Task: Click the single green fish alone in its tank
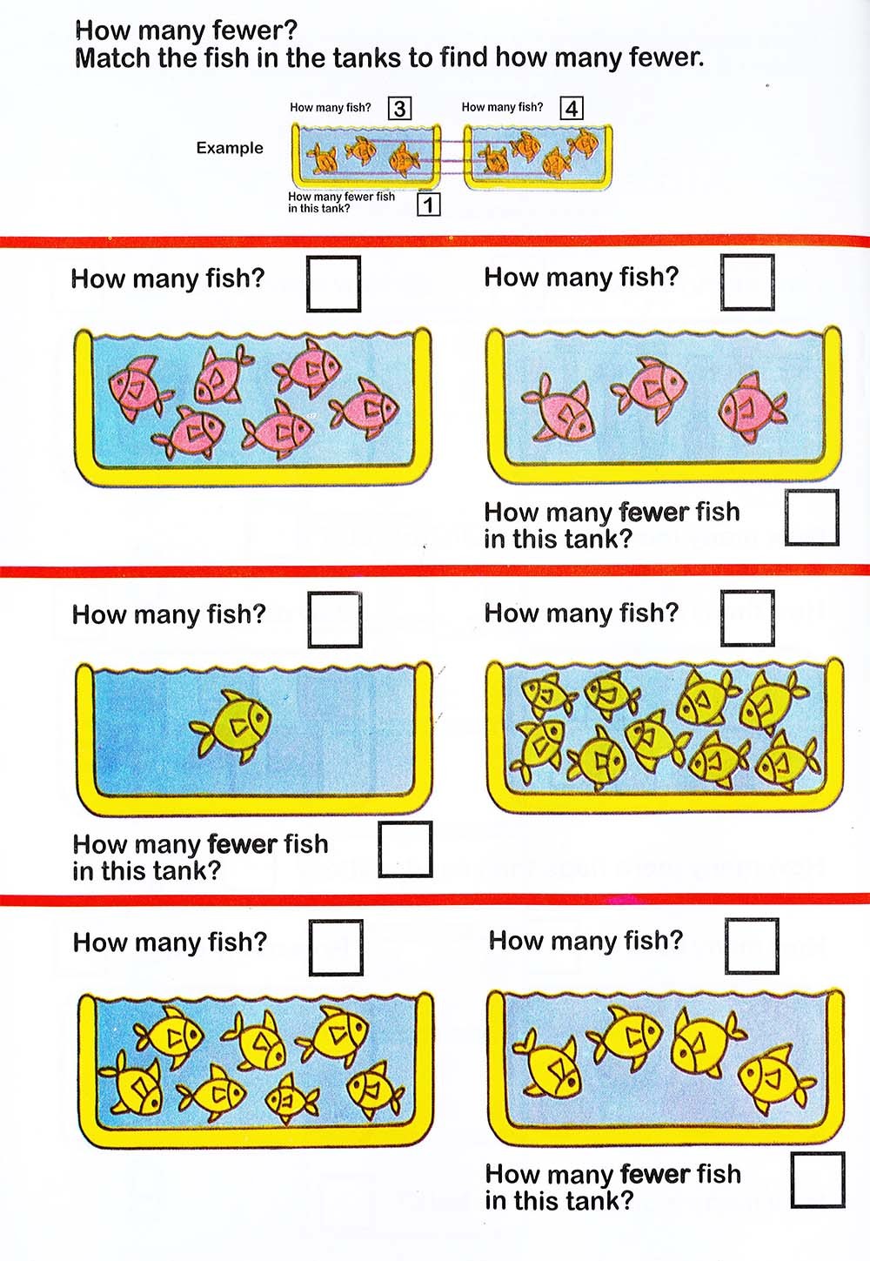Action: click(x=231, y=726)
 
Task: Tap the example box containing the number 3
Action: click(x=399, y=108)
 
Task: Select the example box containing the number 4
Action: click(x=572, y=108)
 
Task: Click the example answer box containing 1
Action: click(x=428, y=205)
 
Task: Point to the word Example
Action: click(x=230, y=148)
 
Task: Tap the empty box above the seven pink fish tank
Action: click(x=334, y=284)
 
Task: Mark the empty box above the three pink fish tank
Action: click(x=747, y=282)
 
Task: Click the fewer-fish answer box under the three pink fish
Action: click(x=812, y=517)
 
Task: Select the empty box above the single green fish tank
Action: click(x=335, y=620)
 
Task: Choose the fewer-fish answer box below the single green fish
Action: click(x=405, y=848)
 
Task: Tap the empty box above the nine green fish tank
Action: click(x=747, y=618)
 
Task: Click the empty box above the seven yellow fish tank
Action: click(x=336, y=948)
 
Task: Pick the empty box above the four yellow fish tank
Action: click(x=752, y=946)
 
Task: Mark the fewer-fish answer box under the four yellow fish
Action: click(x=818, y=1180)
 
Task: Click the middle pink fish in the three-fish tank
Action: click(x=651, y=389)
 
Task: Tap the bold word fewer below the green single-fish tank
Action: click(x=243, y=844)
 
